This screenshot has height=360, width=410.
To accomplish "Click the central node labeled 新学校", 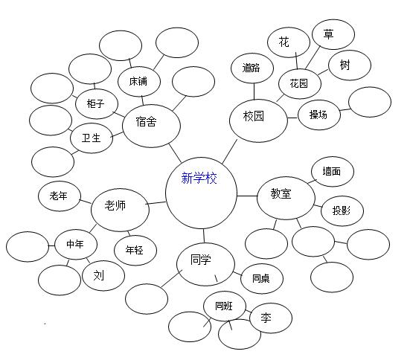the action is tap(202, 193).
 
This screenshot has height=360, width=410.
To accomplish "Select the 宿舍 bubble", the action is tap(151, 126).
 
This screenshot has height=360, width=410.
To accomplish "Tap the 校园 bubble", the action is tap(258, 120).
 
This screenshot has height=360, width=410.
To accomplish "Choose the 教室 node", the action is tap(286, 198).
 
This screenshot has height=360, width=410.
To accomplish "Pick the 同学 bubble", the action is tap(205, 264).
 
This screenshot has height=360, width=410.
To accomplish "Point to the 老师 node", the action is tap(121, 210).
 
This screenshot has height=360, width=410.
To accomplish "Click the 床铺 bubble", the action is tap(139, 82).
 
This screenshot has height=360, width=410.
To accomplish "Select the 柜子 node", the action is tap(97, 104).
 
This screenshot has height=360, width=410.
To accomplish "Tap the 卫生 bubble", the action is tap(92, 138).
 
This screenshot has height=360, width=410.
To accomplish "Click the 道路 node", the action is tap(252, 68).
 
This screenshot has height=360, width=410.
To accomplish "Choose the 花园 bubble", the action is tap(300, 84).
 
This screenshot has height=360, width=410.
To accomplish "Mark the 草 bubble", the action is tap(333, 34).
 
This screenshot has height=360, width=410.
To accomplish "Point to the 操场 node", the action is tap(319, 115).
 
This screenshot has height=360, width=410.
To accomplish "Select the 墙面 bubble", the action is tap(333, 172).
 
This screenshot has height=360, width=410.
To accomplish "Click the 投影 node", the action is tap(342, 210).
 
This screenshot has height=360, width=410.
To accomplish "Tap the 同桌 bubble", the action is tap(262, 279).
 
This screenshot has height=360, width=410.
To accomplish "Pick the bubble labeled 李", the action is tap(271, 318).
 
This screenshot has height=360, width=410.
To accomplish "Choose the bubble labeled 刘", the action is tap(103, 275).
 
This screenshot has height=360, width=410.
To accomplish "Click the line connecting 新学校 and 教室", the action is tap(247, 196).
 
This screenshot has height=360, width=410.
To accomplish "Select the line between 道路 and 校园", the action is tap(254, 91).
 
